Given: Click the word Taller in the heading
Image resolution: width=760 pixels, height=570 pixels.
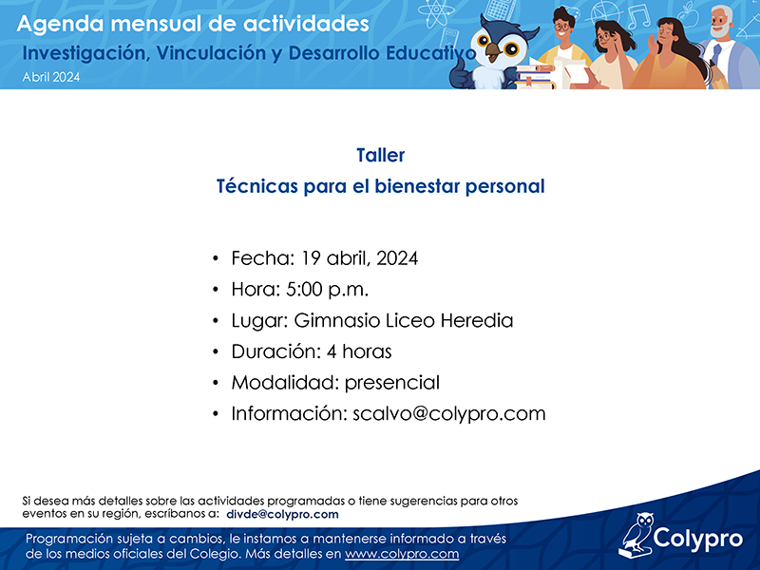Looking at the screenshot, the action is (381, 155).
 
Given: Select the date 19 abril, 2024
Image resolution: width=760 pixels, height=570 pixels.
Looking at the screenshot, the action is (359, 258).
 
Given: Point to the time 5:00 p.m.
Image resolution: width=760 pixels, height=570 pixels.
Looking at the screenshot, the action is (327, 290).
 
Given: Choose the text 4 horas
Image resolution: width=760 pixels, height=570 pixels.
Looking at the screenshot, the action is (359, 351).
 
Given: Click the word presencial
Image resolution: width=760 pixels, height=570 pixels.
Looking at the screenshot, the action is (392, 383).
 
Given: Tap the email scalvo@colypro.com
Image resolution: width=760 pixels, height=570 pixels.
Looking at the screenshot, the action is (448, 414).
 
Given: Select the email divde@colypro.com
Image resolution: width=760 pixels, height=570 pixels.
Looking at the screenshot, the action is (282, 514).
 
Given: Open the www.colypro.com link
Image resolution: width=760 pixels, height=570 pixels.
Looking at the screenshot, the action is (402, 554).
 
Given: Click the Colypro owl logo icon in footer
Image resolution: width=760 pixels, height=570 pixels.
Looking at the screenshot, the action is (635, 535).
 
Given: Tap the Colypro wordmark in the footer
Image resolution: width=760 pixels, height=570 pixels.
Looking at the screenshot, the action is (698, 539).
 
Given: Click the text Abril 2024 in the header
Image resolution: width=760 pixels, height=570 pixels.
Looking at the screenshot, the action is (51, 77).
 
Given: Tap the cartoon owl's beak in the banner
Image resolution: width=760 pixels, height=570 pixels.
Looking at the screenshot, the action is (494, 51).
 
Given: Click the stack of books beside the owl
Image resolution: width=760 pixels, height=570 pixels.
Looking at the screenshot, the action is (534, 77).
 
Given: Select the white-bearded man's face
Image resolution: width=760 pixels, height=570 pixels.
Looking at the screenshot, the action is (721, 23).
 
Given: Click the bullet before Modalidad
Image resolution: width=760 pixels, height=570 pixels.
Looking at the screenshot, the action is (216, 383).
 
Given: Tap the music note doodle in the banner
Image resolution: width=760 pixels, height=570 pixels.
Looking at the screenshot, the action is (638, 17).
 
